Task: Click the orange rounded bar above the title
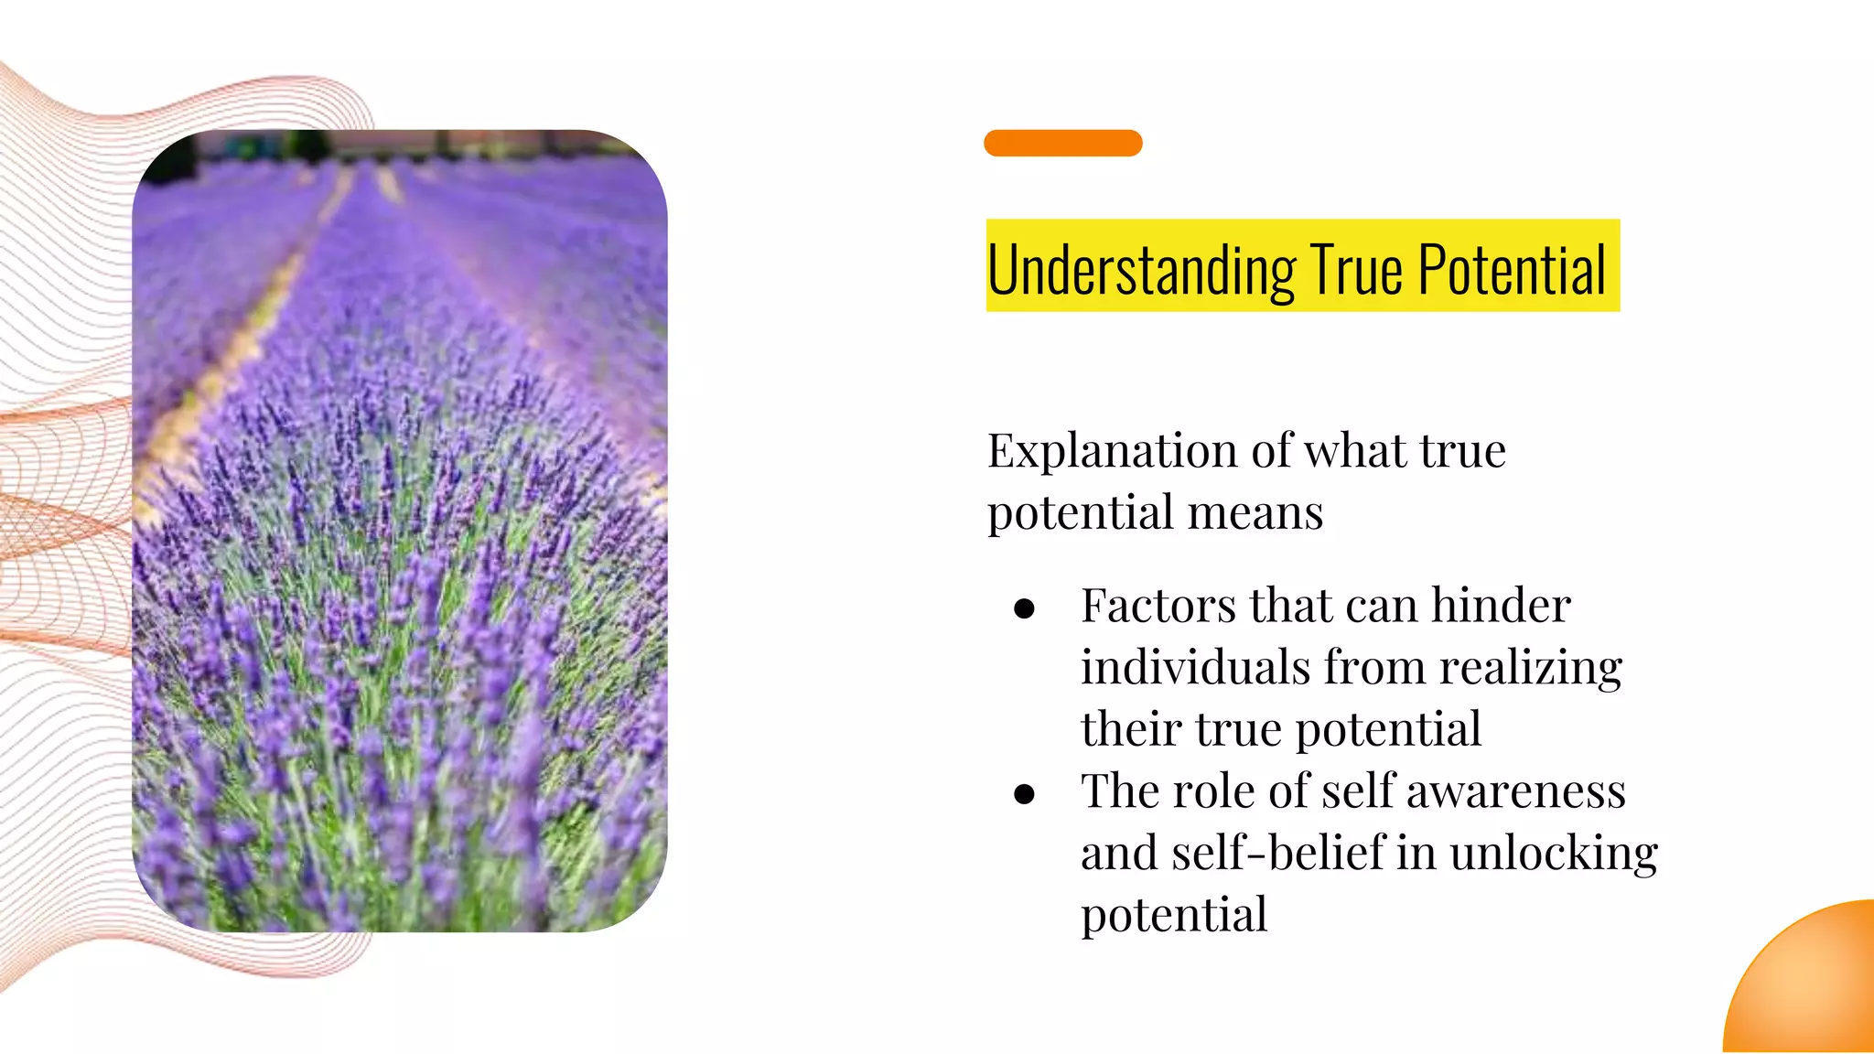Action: coord(1062,143)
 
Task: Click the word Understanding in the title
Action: coord(1141,270)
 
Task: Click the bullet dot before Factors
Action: coord(1024,608)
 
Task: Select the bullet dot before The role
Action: coord(1024,793)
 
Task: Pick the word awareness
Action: coord(1515,791)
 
